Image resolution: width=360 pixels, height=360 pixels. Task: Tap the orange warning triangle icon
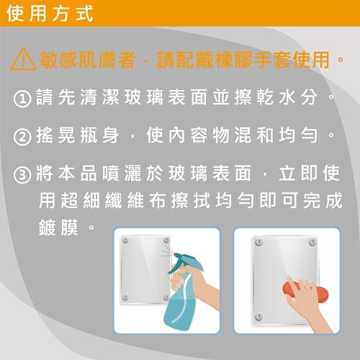tap(22, 59)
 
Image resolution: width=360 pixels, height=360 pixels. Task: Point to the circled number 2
tap(22, 137)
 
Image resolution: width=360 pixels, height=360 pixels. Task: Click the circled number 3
tap(22, 176)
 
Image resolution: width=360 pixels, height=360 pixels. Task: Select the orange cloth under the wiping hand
tap(303, 293)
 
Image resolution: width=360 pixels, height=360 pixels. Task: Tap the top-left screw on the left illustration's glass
tap(126, 240)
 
